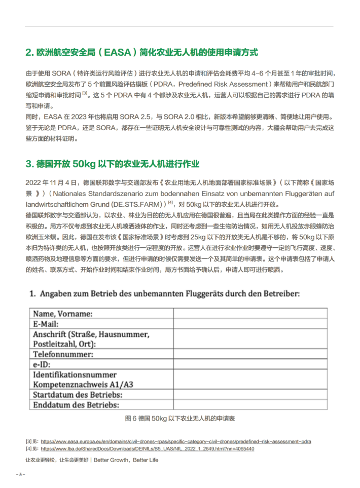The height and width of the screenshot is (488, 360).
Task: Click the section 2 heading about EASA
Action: [x=141, y=52]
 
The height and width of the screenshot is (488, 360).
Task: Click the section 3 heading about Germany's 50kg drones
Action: [x=113, y=164]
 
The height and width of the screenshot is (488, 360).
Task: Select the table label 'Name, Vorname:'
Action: [x=63, y=313]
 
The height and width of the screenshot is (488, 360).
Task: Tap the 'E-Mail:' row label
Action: [x=46, y=323]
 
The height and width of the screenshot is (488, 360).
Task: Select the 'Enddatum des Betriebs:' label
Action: [x=76, y=405]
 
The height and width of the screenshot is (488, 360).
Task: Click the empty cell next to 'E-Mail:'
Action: [x=250, y=323]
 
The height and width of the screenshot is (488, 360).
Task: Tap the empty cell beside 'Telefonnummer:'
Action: [x=250, y=355]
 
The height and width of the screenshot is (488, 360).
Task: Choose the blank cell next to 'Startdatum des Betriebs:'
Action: [x=250, y=395]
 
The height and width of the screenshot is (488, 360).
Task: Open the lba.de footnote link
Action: [x=147, y=448]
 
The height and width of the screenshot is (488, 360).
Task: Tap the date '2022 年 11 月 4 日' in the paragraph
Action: [x=51, y=182]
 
